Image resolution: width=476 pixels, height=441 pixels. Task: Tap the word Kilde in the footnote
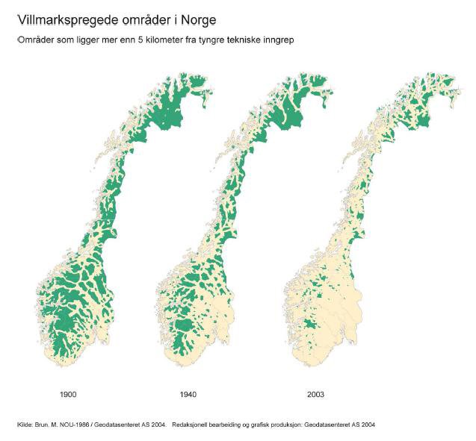(25, 425)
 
